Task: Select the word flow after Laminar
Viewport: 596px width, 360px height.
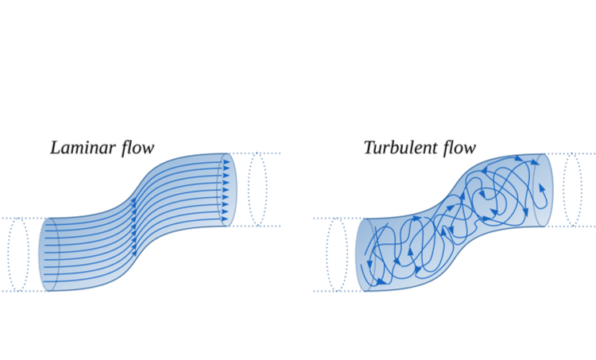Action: (135, 148)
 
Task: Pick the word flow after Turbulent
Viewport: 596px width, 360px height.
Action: (459, 148)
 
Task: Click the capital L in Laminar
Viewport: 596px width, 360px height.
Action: (55, 148)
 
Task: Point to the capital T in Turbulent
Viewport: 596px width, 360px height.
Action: (369, 148)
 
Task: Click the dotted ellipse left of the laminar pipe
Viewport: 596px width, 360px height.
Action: (18, 254)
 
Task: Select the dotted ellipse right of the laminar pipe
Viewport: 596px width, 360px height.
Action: (257, 189)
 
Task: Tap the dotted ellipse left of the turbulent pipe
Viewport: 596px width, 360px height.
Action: (336, 254)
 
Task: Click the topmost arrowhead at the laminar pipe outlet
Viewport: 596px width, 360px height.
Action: (226, 162)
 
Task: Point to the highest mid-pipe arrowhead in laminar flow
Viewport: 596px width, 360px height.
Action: (134, 202)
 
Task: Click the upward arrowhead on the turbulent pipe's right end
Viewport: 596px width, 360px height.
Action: (543, 188)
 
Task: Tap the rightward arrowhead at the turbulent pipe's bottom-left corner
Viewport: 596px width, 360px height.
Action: (382, 281)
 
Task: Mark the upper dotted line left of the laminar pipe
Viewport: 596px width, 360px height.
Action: (24, 218)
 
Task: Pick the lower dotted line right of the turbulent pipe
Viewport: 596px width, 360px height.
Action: (572, 226)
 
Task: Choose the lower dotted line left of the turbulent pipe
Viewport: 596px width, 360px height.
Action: (338, 291)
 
